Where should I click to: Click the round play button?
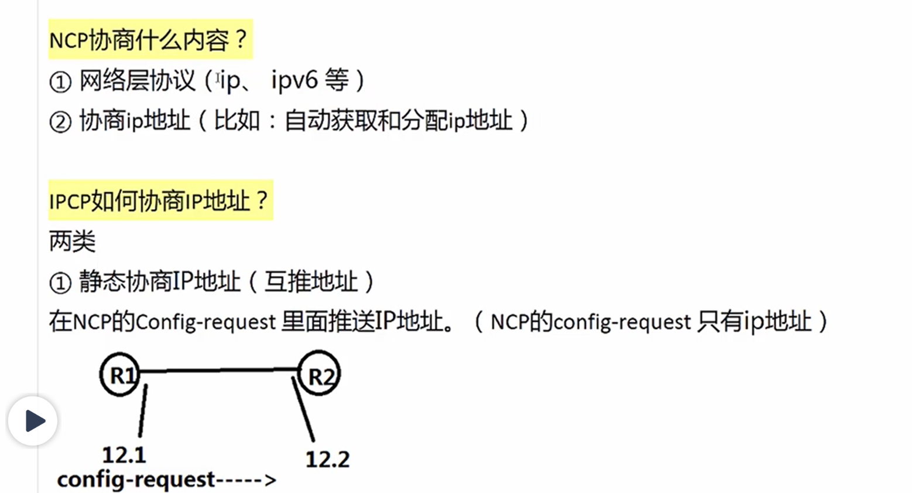click(33, 420)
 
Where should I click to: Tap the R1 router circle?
click(121, 374)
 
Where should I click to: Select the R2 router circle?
click(320, 374)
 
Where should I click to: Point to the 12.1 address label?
click(124, 455)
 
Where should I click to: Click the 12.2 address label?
click(327, 459)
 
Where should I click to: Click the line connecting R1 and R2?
click(220, 370)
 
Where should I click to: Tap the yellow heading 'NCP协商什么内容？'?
click(150, 40)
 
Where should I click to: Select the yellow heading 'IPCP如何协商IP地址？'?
click(160, 201)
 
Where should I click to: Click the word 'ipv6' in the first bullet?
click(294, 80)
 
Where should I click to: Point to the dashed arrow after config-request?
click(246, 480)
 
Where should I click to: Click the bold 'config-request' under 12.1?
click(136, 480)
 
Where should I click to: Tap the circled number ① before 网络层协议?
click(60, 82)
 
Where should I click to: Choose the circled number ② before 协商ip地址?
click(60, 122)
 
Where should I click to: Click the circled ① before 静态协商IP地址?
click(60, 283)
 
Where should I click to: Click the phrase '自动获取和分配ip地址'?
click(398, 121)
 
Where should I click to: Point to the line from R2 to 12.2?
click(303, 409)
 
